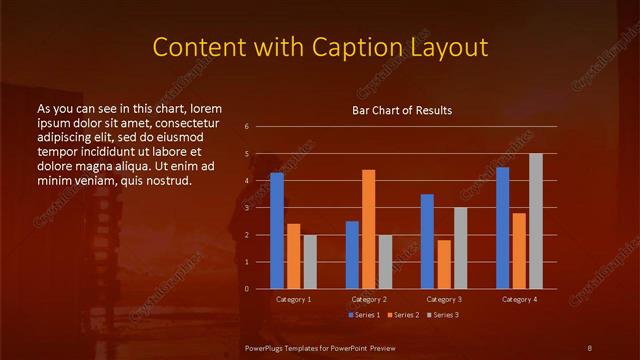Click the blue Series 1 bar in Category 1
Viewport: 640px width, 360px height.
point(277,231)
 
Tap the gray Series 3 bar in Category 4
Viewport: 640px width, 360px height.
point(536,221)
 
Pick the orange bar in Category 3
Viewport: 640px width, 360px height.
point(444,264)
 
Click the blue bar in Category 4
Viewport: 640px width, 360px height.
point(502,228)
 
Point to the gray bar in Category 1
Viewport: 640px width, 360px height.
point(310,262)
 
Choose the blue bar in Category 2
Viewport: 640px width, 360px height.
point(352,255)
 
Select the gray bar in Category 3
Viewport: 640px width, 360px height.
point(461,248)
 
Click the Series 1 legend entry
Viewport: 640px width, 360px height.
point(365,315)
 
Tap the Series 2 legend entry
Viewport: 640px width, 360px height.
point(404,315)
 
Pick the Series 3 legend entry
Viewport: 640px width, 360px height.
point(443,315)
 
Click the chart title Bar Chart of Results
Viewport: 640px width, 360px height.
point(403,110)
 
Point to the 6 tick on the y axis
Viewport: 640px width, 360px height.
point(246,127)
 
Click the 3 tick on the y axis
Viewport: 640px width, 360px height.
point(246,208)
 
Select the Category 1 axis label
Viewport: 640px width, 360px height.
point(293,299)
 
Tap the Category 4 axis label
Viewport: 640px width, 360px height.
point(519,299)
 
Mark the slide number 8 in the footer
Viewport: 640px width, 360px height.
point(590,347)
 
